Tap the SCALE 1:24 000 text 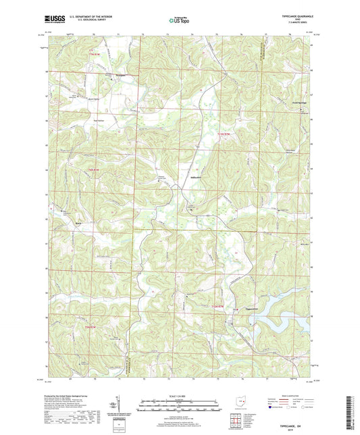tap(180, 396)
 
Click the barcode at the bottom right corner tap(351, 413)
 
